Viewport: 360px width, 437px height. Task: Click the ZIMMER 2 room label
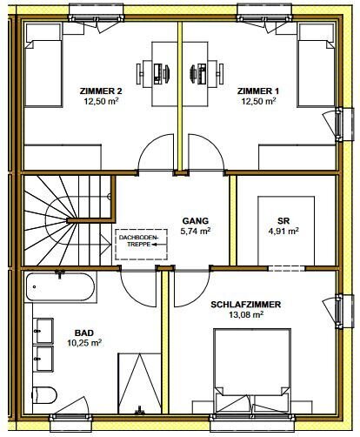point(101,91)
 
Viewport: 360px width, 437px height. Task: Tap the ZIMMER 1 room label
point(258,91)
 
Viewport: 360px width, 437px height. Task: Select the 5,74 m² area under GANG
point(196,232)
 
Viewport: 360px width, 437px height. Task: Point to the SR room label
point(283,221)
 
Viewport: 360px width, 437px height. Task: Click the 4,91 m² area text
point(283,232)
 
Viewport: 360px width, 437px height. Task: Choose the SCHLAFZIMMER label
point(246,305)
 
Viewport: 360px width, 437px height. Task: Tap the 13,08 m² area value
point(246,314)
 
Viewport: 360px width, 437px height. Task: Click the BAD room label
point(84,333)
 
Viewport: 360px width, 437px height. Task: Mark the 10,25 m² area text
point(84,343)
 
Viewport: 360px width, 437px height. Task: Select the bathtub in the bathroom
point(60,287)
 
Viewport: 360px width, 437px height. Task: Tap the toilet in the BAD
point(44,395)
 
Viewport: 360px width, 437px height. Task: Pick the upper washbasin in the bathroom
point(43,331)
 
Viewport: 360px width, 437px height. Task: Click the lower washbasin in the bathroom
point(43,359)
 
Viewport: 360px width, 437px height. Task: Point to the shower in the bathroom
point(140,383)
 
